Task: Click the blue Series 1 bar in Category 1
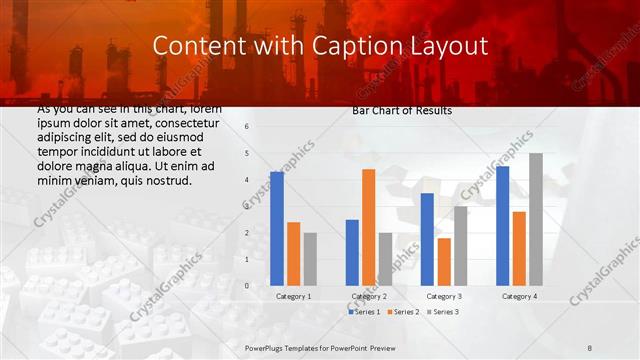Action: coord(277,229)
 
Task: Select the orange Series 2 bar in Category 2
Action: coord(368,227)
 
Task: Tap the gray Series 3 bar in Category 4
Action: coord(536,219)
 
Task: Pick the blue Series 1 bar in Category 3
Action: coord(427,239)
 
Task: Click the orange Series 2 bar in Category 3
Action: coord(444,262)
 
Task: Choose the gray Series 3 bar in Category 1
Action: coord(310,259)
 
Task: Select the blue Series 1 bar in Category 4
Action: coord(502,226)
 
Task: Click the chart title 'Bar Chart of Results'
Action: coord(401,111)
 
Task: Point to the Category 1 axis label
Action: coord(293,296)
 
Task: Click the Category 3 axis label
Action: coord(443,296)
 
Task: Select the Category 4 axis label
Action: coord(518,296)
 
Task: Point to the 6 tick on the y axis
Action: coord(246,127)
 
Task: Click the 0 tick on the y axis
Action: coord(246,286)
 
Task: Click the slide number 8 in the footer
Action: coord(590,347)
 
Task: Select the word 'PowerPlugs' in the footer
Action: coord(267,347)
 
